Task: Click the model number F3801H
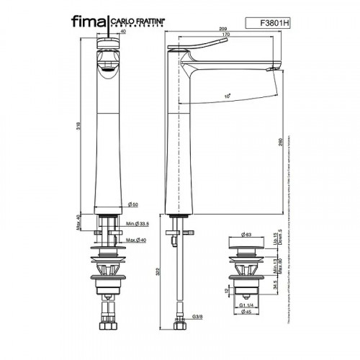[273, 22]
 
